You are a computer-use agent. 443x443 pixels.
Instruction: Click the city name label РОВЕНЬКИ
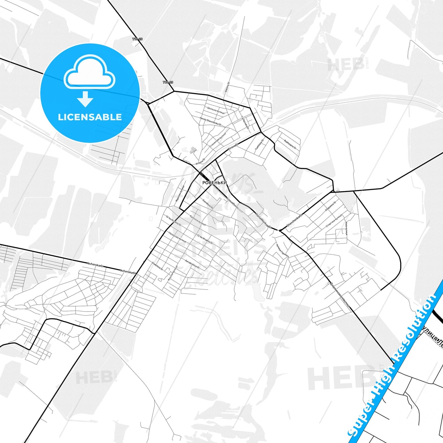pos(214,183)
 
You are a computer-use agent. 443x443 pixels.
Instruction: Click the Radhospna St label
pos(290,144)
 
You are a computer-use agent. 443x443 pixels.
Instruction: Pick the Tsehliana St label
pos(259,145)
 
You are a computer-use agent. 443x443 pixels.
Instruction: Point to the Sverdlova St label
pos(208,204)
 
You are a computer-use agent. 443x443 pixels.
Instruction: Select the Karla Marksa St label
pos(263,221)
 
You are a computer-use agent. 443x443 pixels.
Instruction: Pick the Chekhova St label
pos(157,266)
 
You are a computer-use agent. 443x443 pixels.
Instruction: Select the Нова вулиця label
pos(346,228)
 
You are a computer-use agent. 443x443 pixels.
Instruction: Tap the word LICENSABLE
pos(90,117)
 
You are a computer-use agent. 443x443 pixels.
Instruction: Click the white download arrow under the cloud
pos(85,99)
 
